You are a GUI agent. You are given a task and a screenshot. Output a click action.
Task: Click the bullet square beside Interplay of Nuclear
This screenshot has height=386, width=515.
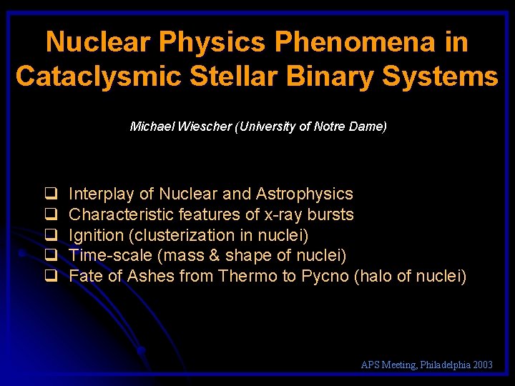coord(51,194)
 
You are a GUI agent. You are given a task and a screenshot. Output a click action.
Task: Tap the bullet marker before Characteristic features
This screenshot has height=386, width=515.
coord(51,214)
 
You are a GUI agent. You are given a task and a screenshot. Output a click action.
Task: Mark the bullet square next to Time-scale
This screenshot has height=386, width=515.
coord(51,255)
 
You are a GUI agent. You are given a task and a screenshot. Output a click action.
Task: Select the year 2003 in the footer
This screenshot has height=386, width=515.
coord(483,365)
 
